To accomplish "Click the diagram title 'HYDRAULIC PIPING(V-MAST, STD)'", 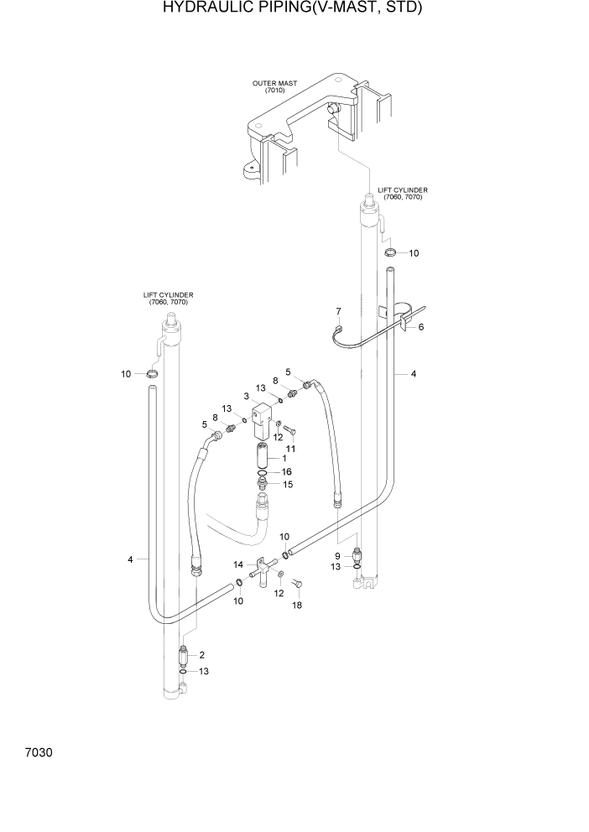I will (293, 9).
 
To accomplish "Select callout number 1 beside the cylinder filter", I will (284, 458).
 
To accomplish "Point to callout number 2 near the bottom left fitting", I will (202, 654).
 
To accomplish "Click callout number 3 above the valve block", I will (247, 396).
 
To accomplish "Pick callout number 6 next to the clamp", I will (421, 326).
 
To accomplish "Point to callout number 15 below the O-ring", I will (287, 484).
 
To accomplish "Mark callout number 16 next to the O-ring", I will (287, 472).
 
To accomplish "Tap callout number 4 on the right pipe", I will (413, 374).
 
